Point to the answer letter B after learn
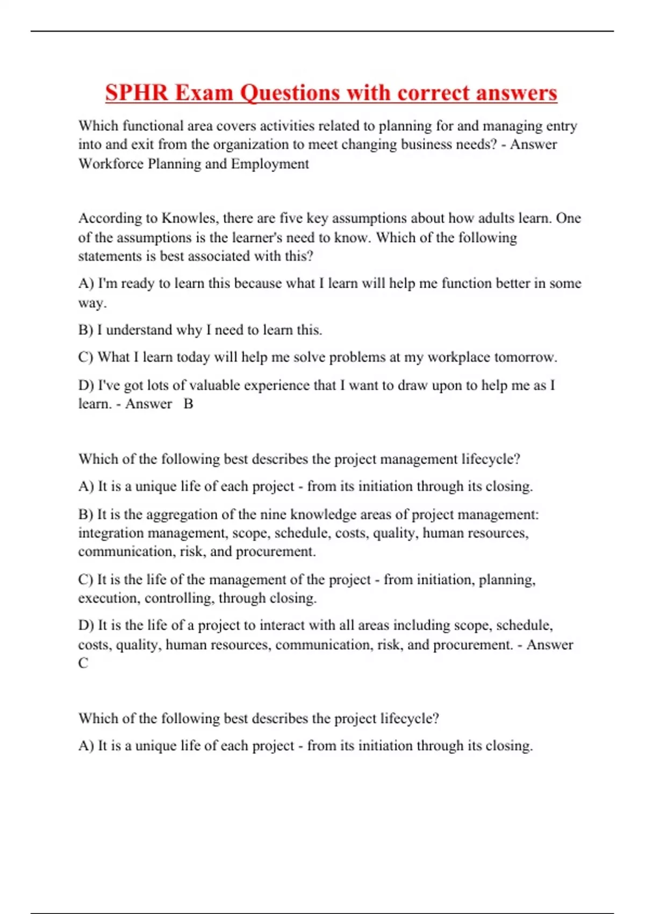point(188,404)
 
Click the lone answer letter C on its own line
point(83,663)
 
